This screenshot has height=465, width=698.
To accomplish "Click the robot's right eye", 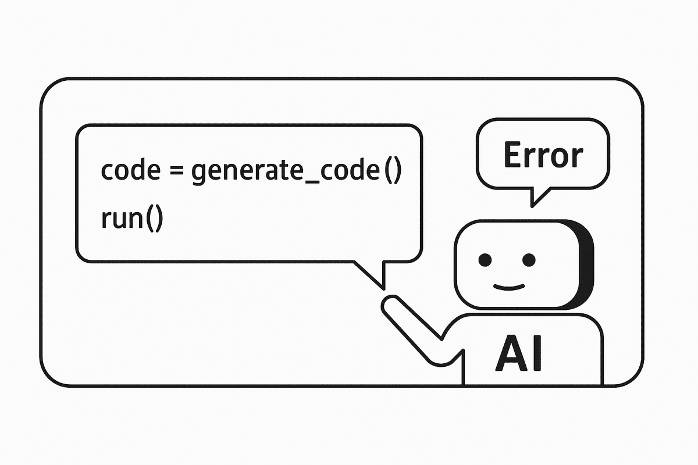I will [x=528, y=259].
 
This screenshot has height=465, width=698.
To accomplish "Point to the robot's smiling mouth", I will [x=508, y=285].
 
